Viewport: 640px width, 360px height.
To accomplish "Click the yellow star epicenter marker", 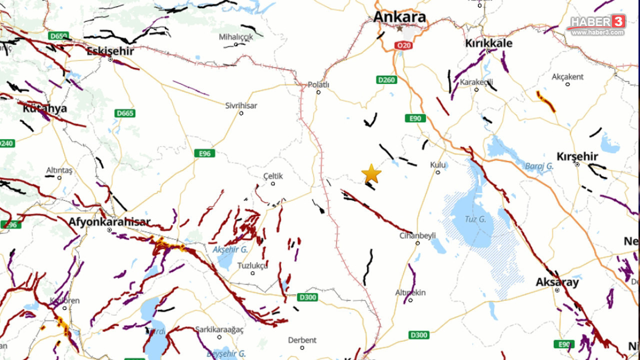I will [x=371, y=174].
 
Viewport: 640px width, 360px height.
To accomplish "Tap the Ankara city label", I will [x=399, y=17].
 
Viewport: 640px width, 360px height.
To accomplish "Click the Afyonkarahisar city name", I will [x=109, y=221].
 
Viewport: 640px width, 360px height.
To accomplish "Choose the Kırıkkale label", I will [x=488, y=43].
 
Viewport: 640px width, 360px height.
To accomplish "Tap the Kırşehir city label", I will [x=577, y=156].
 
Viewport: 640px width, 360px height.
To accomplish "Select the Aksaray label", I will [x=557, y=282].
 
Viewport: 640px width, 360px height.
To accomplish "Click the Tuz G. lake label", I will [x=475, y=218].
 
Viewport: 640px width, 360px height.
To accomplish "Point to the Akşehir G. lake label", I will [x=230, y=249].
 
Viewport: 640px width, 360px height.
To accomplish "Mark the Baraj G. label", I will [x=538, y=165].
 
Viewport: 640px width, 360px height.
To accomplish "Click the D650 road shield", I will [x=58, y=36].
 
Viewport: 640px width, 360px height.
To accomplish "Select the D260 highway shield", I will [x=386, y=80].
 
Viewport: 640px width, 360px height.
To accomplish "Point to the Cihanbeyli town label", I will [x=417, y=235].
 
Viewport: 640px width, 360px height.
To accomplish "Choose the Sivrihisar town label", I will [x=241, y=105].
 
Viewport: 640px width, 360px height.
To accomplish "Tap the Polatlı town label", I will [x=318, y=84].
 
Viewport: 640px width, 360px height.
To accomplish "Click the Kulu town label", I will [x=437, y=164].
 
